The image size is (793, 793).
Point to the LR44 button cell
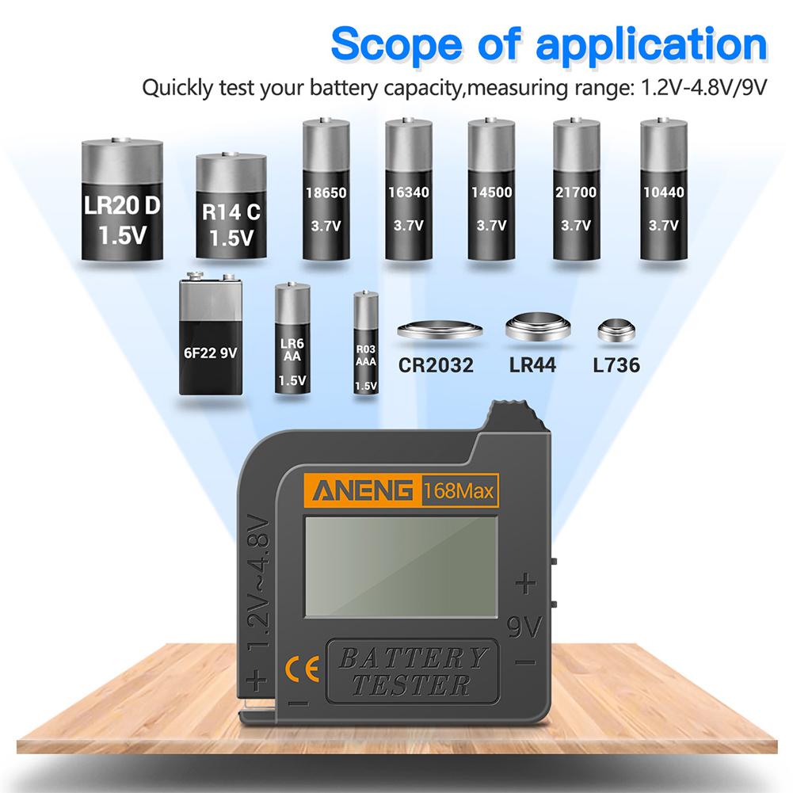pyautogui.click(x=536, y=328)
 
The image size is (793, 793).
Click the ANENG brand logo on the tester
pyautogui.click(x=365, y=491)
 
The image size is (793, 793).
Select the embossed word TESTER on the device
pyautogui.click(x=413, y=684)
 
